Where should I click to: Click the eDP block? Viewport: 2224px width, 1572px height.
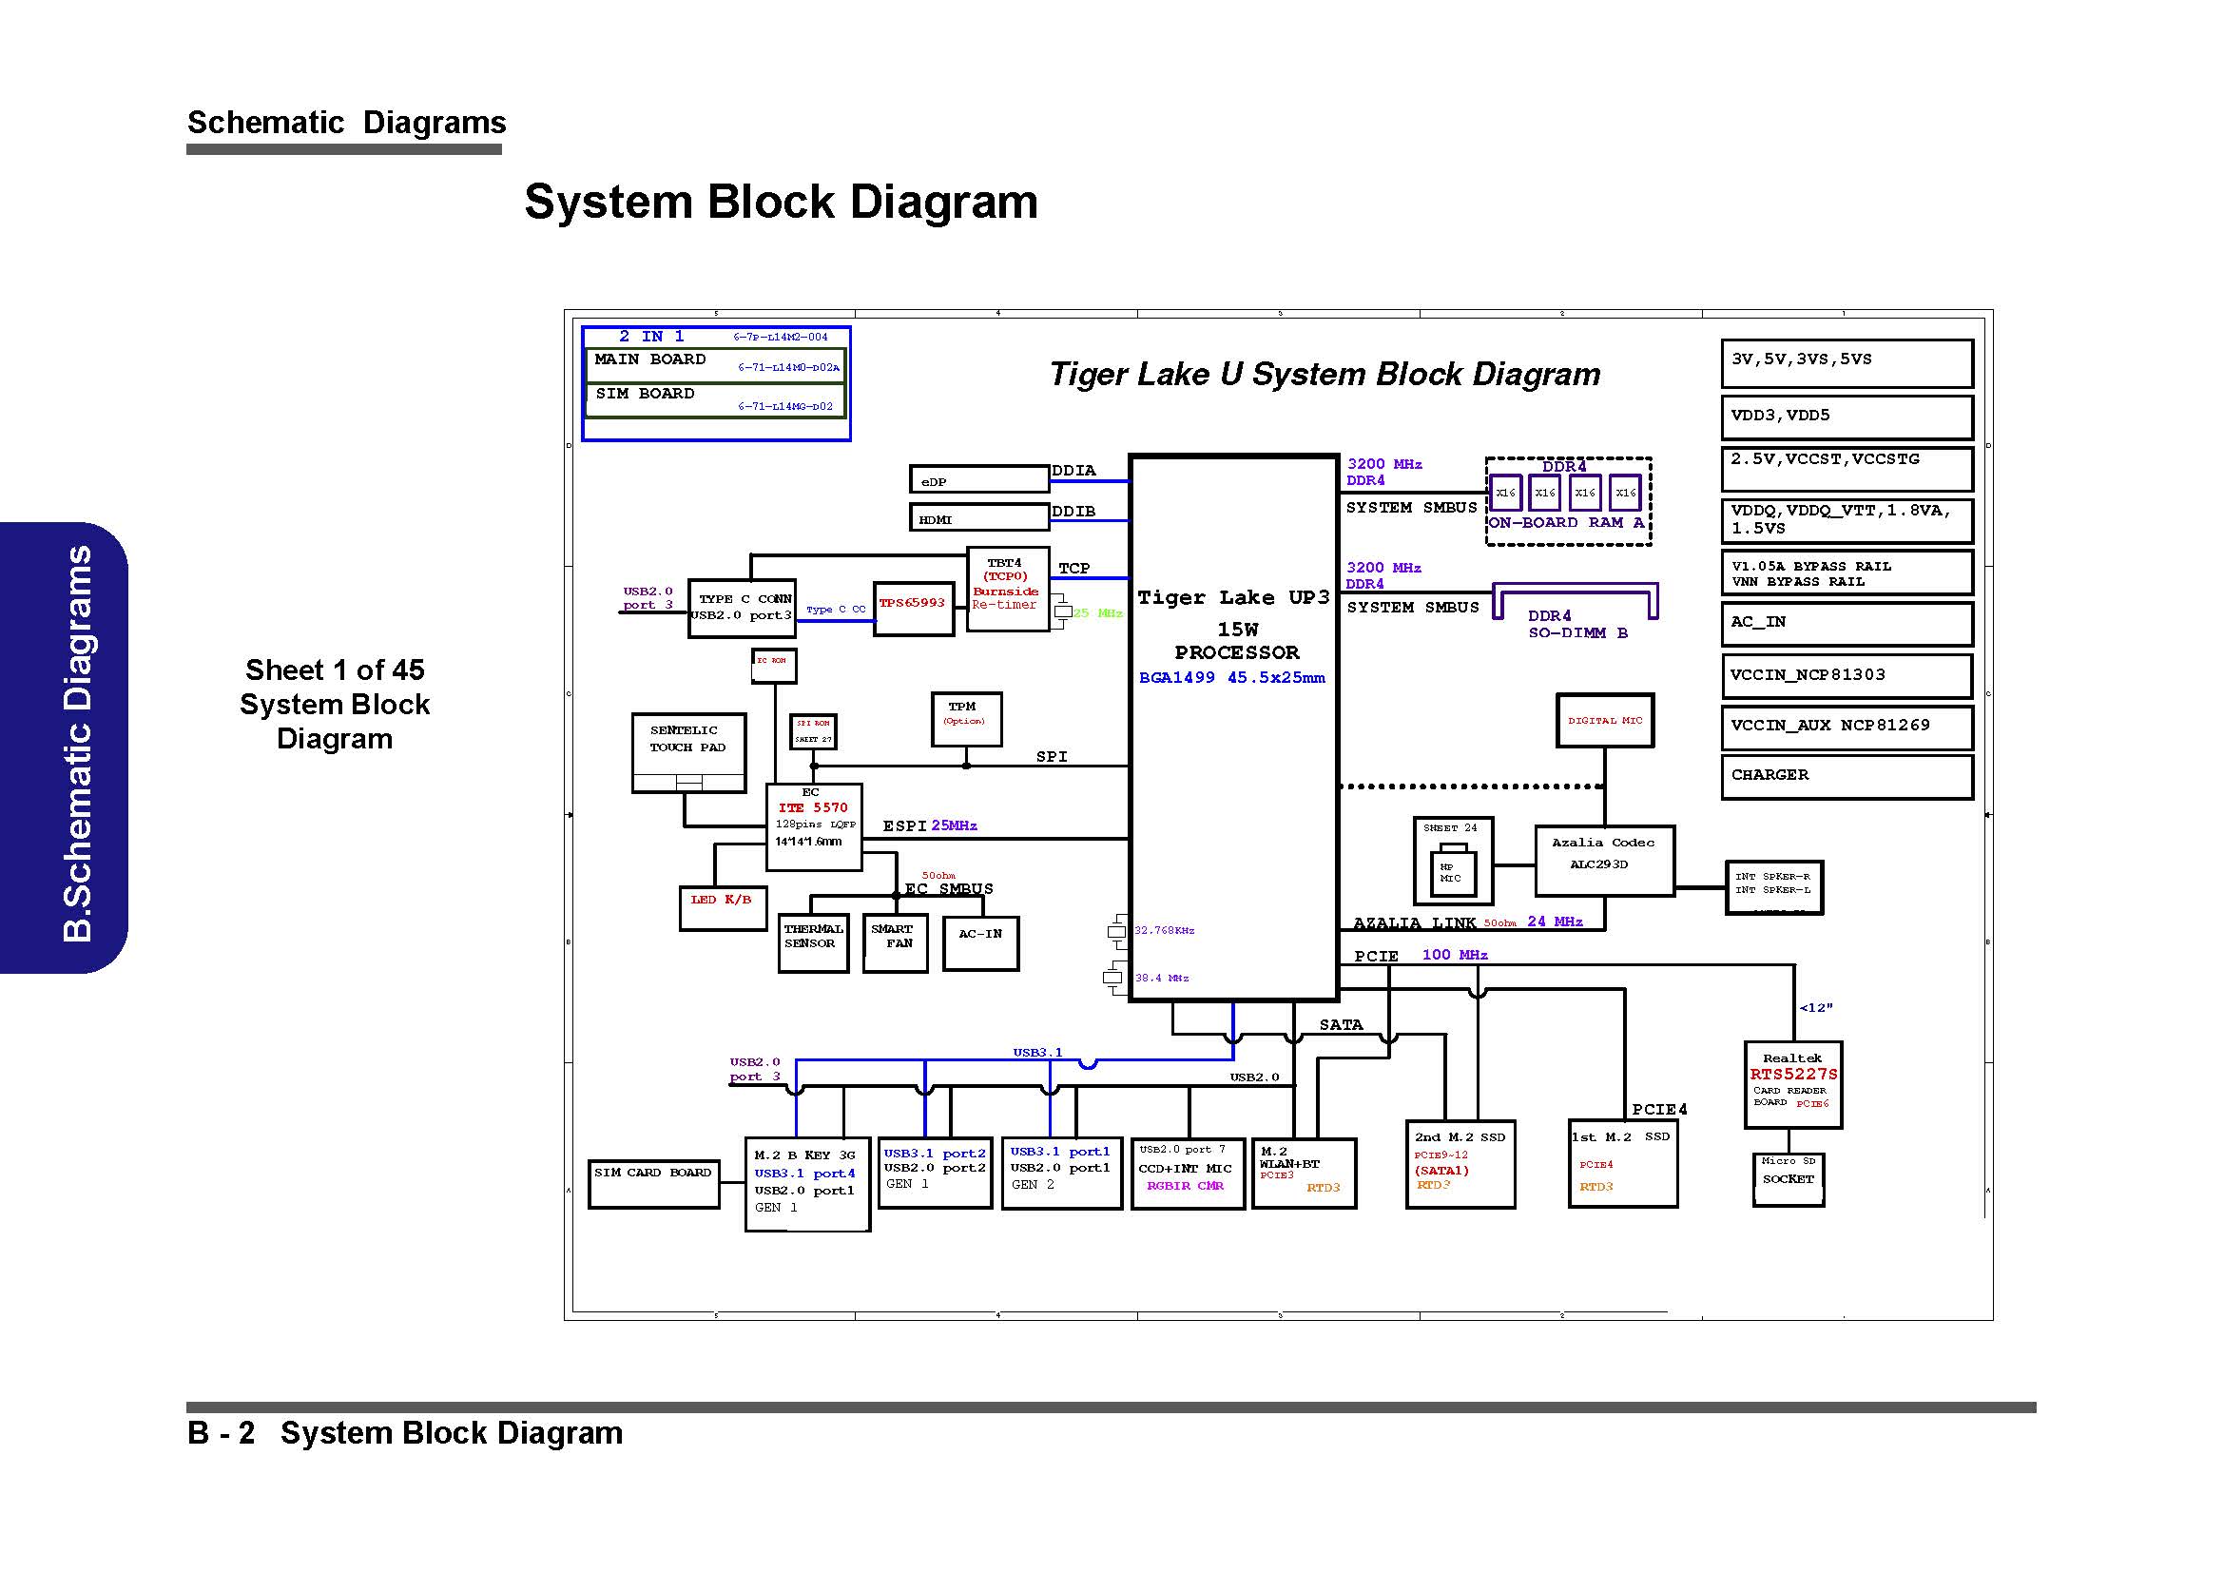978,479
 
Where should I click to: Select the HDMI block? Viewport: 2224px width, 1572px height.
978,518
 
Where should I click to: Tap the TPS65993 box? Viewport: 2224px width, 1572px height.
913,609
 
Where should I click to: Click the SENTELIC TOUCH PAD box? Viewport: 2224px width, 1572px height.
687,752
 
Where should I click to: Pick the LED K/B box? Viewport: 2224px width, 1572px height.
723,907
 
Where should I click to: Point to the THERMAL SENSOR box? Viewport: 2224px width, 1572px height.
813,941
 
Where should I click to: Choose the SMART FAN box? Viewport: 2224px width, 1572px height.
894,941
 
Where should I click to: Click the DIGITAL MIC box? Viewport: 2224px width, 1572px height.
1604,721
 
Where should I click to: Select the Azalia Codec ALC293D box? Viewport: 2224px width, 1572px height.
1604,860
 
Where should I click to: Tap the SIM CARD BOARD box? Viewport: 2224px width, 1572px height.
653,1183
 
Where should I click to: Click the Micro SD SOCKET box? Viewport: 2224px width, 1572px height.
1789,1178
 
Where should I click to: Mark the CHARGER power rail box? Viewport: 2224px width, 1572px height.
1847,776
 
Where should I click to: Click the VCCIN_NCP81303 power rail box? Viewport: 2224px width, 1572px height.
1847,675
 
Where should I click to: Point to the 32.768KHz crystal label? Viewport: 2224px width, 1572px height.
1165,930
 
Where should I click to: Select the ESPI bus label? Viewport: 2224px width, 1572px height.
904,826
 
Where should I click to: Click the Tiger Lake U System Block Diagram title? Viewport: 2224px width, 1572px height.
1325,375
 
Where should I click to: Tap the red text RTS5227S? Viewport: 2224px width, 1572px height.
1793,1074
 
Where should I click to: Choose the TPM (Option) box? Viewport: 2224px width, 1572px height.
966,719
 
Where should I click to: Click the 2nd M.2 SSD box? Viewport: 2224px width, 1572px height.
1460,1163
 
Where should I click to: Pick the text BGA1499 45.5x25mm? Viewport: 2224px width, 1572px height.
1231,678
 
